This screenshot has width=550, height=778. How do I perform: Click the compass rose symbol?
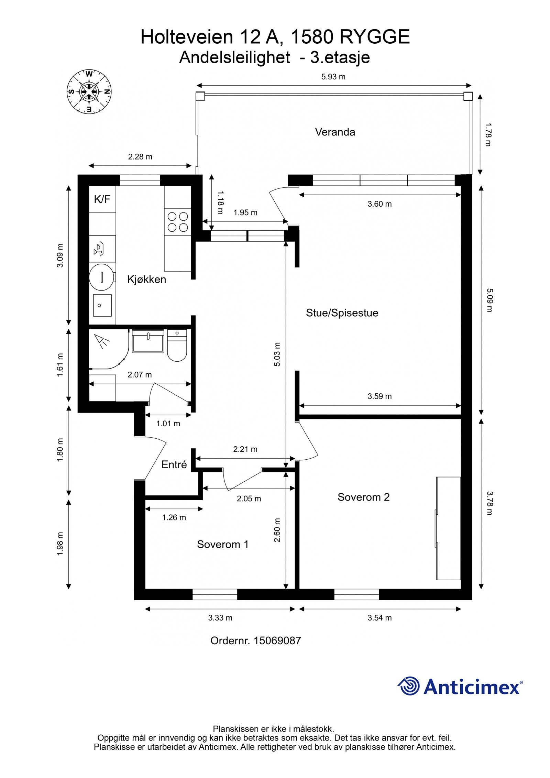pyautogui.click(x=89, y=92)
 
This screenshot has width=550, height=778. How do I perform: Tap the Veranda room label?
pyautogui.click(x=335, y=132)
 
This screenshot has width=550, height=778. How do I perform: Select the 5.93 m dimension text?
pyautogui.click(x=333, y=77)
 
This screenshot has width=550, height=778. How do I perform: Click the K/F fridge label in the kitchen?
pyautogui.click(x=102, y=199)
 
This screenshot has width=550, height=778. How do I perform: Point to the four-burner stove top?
pyautogui.click(x=177, y=222)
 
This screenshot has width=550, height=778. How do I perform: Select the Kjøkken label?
pyautogui.click(x=146, y=279)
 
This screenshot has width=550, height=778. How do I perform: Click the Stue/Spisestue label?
pyautogui.click(x=342, y=313)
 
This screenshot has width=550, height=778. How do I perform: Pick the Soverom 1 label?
pyautogui.click(x=222, y=544)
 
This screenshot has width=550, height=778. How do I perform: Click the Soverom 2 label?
pyautogui.click(x=363, y=497)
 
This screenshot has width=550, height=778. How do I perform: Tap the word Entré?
pyautogui.click(x=174, y=465)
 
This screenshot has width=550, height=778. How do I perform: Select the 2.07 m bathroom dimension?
pyautogui.click(x=140, y=375)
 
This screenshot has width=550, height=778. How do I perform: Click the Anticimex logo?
pyautogui.click(x=460, y=686)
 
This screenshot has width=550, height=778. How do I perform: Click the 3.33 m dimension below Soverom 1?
pyautogui.click(x=220, y=618)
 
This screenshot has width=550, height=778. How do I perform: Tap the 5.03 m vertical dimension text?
pyautogui.click(x=277, y=354)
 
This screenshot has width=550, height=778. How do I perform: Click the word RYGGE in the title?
pyautogui.click(x=375, y=37)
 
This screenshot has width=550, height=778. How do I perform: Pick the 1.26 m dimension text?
pyautogui.click(x=174, y=517)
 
